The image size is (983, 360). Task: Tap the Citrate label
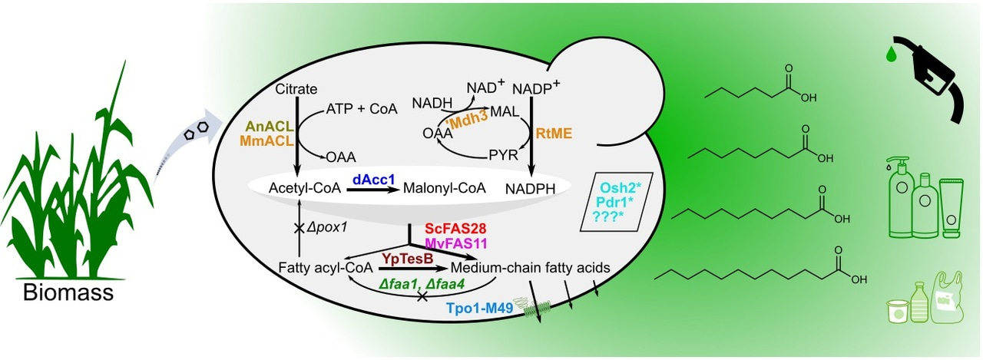coord(296,90)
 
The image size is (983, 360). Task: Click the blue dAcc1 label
coord(373,179)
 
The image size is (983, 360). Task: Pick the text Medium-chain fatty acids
coord(531,268)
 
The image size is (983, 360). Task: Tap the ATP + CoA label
coord(362,109)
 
